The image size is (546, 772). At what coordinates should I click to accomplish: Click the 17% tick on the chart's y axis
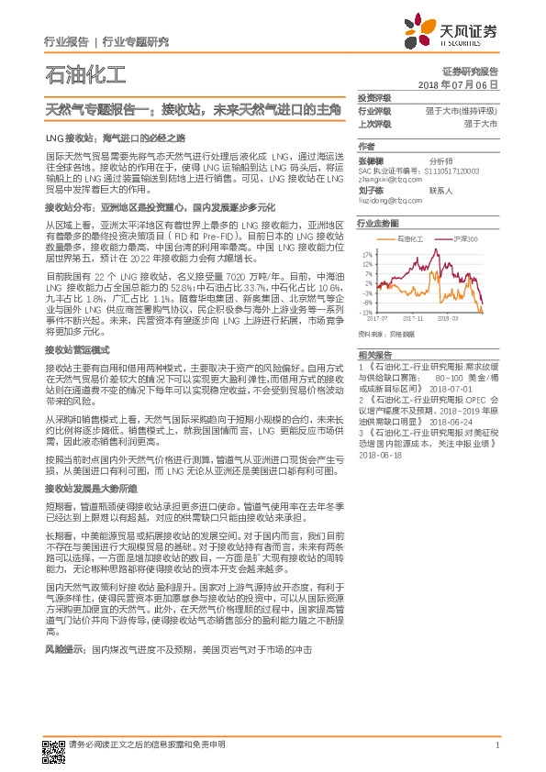coord(367,255)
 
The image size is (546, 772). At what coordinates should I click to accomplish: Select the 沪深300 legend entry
coord(465,237)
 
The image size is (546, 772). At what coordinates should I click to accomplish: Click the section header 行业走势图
coord(378,223)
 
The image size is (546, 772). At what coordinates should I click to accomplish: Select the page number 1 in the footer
coord(496,744)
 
